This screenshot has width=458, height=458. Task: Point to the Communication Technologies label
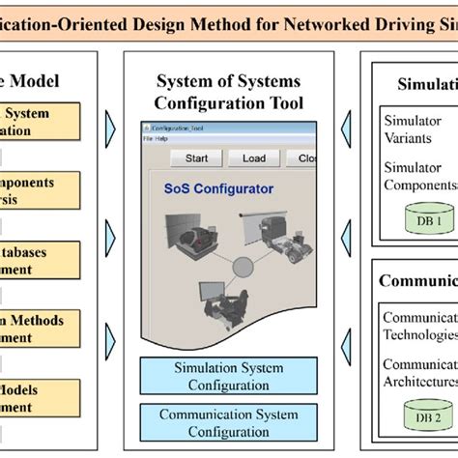[419, 326]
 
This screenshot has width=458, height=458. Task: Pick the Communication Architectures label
[419, 374]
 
